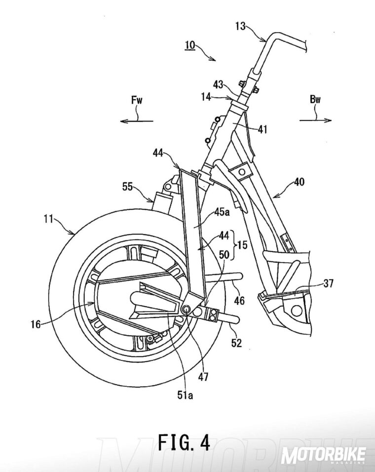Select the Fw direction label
(x=137, y=99)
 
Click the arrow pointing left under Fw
(x=137, y=119)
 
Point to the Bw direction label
(x=315, y=99)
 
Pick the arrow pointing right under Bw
(x=315, y=119)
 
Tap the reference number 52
(x=236, y=343)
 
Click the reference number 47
(x=203, y=377)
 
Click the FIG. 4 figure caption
(x=184, y=442)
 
